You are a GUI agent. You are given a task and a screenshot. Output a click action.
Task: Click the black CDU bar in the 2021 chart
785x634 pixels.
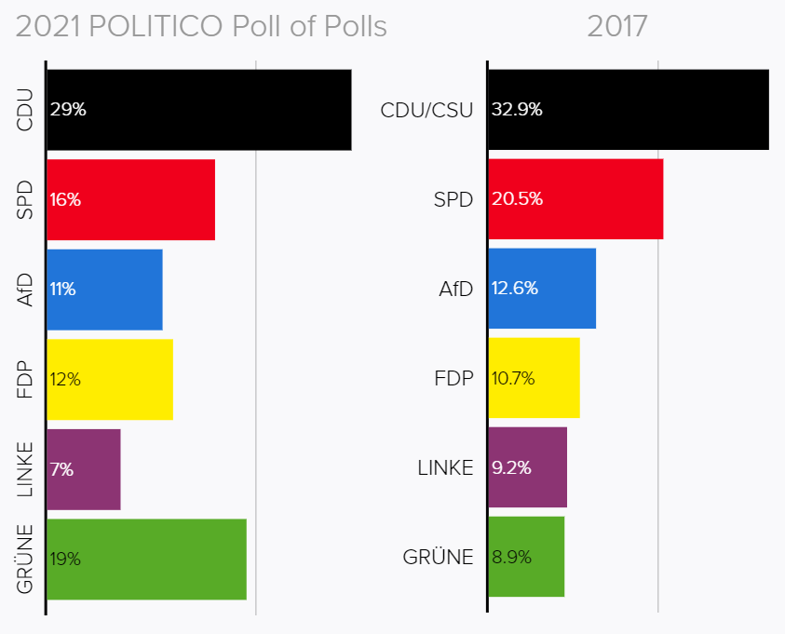coord(198,110)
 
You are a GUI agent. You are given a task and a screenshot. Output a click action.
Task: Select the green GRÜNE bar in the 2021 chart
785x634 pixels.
coord(146,559)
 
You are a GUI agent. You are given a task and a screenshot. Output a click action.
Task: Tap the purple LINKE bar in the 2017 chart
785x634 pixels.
coord(527,467)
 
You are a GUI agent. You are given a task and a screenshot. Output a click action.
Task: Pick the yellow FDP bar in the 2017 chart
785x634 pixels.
coord(534,378)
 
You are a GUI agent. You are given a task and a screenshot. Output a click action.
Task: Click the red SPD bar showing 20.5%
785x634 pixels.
coord(575,199)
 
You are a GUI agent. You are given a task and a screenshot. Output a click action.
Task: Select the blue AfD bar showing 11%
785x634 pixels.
coord(104,289)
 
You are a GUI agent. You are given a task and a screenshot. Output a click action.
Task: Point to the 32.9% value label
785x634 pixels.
coord(517,110)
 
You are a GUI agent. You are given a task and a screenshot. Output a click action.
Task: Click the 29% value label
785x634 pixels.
coord(68,110)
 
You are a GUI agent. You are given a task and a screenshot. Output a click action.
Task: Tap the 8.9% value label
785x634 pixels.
coord(512,558)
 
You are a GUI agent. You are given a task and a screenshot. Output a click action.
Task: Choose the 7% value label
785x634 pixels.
coord(62,469)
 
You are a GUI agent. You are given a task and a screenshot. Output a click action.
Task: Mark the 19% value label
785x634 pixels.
coord(66,560)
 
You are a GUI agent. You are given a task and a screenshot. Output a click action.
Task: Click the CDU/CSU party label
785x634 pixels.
coord(427,110)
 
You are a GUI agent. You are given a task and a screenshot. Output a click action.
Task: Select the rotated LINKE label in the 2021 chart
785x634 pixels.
coord(25,469)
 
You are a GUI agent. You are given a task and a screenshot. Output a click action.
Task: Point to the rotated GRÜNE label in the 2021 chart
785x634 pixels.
coord(25,559)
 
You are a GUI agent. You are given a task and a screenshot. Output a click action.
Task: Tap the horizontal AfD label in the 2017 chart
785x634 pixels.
coord(455,289)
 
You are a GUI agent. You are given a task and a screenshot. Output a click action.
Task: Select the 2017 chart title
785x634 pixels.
coord(616,27)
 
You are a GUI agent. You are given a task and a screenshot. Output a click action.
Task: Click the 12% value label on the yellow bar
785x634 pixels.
coord(66,380)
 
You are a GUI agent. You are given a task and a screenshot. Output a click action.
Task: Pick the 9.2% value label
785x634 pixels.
coord(512,468)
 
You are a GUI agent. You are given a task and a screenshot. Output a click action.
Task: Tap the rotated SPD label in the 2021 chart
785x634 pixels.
coord(25,199)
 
